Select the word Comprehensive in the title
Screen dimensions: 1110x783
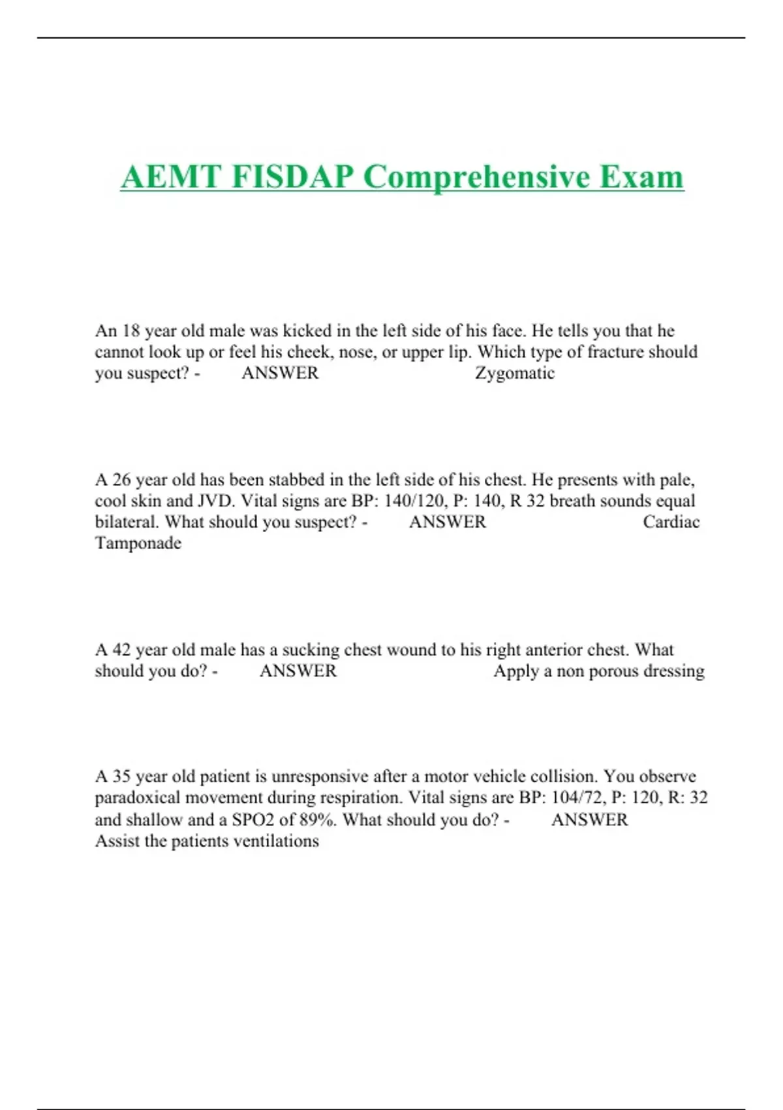point(476,176)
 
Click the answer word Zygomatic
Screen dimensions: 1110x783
point(515,373)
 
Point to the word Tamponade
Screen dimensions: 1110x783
point(138,543)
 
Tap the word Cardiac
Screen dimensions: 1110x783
point(671,522)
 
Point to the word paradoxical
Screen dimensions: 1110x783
point(138,798)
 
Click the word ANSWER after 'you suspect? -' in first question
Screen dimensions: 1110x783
point(280,373)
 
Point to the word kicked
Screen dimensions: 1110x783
point(307,331)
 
